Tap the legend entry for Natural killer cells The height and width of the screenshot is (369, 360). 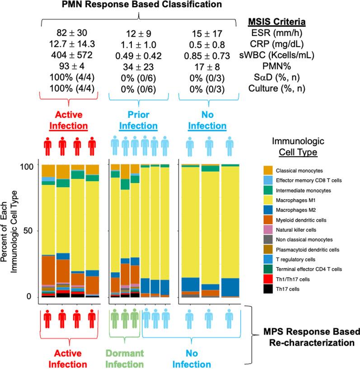pyautogui.click(x=307, y=230)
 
